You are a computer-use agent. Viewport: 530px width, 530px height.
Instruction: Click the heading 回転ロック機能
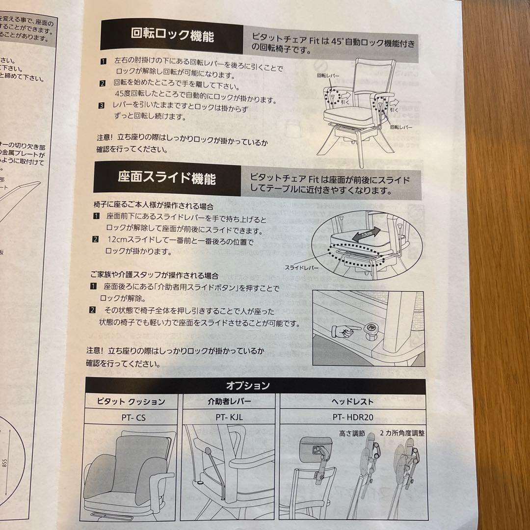172,36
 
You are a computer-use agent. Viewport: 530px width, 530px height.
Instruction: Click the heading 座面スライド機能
166,178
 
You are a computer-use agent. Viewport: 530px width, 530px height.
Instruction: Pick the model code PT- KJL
230,418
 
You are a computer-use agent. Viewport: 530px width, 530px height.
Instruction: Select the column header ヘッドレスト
352,401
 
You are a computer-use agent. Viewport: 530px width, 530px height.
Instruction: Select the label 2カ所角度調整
402,434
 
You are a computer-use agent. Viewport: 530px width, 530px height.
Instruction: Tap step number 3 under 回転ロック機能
102,106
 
